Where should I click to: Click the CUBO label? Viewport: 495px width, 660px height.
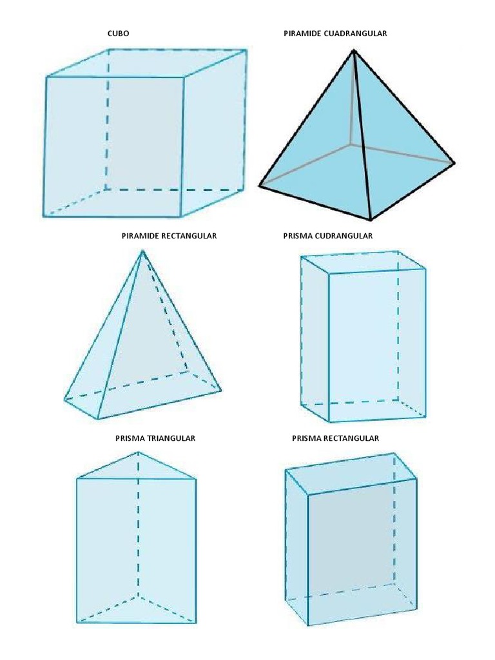coord(119,34)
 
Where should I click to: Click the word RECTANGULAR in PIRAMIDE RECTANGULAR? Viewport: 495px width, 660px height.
coord(189,236)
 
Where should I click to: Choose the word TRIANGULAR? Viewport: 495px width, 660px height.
coord(171,438)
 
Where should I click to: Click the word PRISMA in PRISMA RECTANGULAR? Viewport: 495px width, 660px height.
coord(306,438)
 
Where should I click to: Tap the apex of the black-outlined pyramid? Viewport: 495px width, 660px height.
coord(354,50)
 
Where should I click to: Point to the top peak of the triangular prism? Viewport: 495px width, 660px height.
coord(138,452)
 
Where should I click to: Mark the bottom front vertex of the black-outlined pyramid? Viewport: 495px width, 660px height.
coord(371,219)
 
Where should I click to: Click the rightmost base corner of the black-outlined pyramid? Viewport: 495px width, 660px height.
coord(454,162)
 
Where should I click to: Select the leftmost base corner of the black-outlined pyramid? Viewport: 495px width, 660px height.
coord(260,185)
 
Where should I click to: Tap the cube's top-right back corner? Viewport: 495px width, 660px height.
coord(246,50)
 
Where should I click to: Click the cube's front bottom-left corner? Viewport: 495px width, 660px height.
coord(44,216)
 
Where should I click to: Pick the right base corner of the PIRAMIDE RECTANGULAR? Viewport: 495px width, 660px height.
coord(220,390)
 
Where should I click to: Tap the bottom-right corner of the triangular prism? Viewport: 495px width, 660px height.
coord(196,622)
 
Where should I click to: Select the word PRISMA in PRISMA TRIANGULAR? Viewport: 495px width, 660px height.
coord(130,438)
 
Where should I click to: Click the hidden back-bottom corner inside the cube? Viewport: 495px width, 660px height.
coord(106,189)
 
